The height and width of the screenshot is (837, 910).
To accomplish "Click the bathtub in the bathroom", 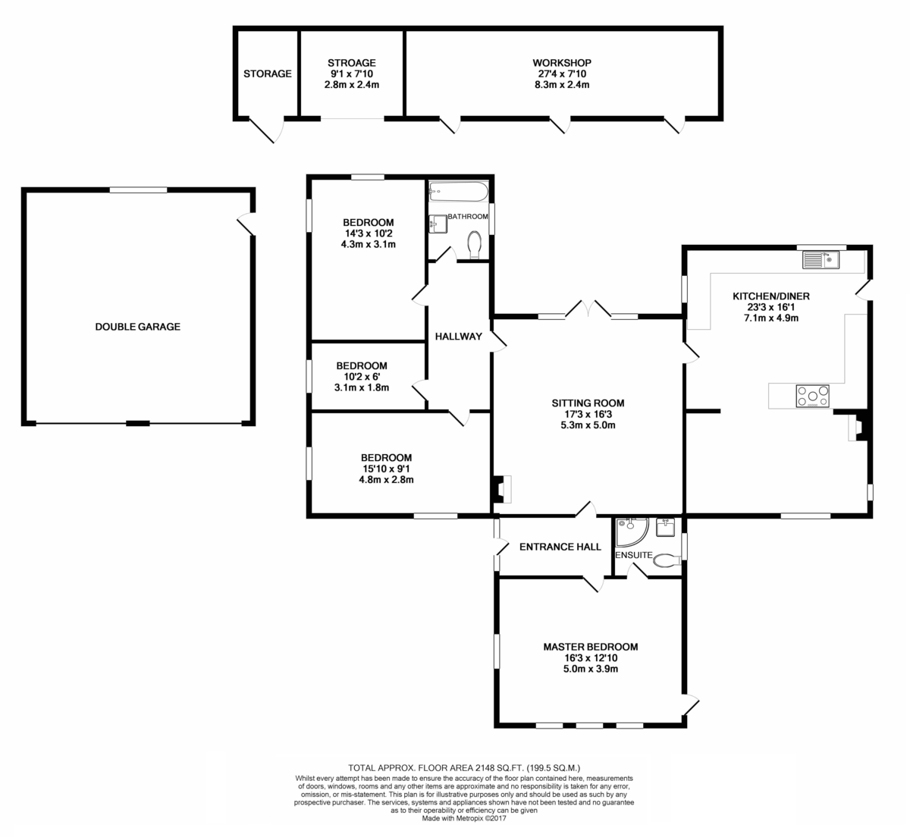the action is [459, 192].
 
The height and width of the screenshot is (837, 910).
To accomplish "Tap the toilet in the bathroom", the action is [475, 245].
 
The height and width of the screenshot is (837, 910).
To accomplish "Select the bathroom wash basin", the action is [438, 224].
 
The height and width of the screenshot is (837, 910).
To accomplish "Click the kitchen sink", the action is [821, 260].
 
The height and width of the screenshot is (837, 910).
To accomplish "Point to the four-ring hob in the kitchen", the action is [812, 396].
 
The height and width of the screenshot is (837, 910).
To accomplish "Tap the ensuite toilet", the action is [667, 560].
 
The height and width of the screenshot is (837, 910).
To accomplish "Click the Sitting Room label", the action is [588, 403].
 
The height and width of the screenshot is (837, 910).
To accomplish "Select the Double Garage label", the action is [137, 327].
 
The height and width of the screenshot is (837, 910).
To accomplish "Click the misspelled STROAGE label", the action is [352, 63].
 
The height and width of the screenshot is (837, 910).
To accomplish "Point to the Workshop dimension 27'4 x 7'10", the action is [562, 74].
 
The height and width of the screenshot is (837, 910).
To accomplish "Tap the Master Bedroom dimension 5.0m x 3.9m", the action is [591, 669].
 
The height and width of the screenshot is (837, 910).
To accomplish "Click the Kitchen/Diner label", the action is [771, 296].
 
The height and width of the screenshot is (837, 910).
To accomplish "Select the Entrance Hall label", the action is [560, 547].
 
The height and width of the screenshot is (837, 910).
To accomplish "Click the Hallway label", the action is [459, 336].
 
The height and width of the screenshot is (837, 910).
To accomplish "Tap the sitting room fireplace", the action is [501, 489].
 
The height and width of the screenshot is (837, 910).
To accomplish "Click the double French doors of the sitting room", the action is [588, 309].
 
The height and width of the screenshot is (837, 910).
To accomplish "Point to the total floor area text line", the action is [464, 767].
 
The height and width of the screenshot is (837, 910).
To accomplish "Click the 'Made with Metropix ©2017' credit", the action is [464, 818].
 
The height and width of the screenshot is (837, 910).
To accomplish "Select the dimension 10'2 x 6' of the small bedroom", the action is [362, 377].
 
